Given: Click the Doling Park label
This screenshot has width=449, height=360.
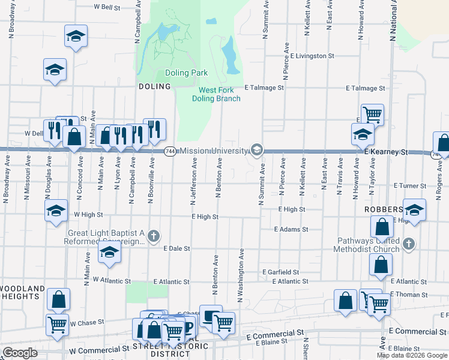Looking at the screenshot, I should pyautogui.click(x=186, y=73).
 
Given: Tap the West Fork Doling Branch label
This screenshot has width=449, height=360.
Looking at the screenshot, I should pyautogui.click(x=220, y=94).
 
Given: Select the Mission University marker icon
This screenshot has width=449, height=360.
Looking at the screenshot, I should pyautogui.click(x=257, y=149).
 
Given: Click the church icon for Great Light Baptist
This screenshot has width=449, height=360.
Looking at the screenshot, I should pyautogui.click(x=154, y=236).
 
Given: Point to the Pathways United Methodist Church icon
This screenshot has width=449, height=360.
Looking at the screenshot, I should pyautogui.click(x=409, y=244).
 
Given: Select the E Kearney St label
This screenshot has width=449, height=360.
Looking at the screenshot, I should pyautogui.click(x=386, y=152).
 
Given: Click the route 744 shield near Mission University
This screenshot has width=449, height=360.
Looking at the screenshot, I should pyautogui.click(x=170, y=151).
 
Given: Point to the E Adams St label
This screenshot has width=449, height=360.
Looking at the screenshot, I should pyautogui.click(x=291, y=229).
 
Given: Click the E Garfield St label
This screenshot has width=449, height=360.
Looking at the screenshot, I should pyautogui.click(x=280, y=272).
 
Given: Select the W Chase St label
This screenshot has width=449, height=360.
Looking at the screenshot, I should pyautogui.click(x=87, y=323).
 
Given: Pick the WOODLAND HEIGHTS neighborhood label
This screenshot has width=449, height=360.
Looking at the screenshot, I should pyautogui.click(x=22, y=293).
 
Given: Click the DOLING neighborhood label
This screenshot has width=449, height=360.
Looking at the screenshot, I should pyautogui.click(x=155, y=86).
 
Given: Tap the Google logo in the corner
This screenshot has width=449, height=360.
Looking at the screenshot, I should pyautogui.click(x=20, y=353).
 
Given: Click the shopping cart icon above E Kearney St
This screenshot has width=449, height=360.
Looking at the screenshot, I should pyautogui.click(x=373, y=113).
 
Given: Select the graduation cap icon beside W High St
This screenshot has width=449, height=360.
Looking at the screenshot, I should pyautogui.click(x=56, y=211).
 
